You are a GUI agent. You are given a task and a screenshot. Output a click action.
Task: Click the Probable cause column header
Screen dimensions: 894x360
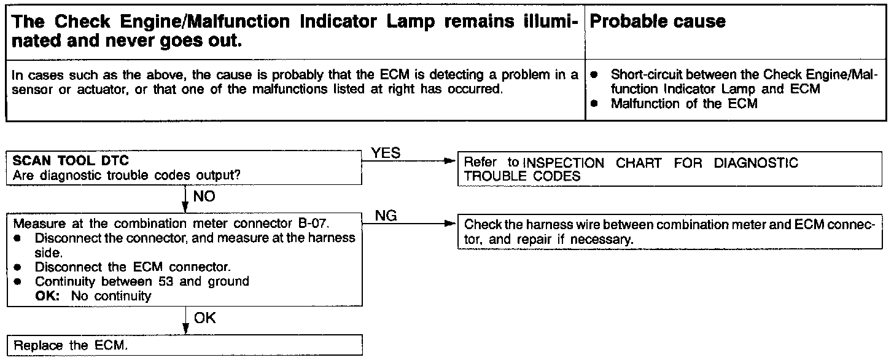[x=657, y=22]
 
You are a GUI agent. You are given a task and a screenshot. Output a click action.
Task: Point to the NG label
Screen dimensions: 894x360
[x=385, y=215]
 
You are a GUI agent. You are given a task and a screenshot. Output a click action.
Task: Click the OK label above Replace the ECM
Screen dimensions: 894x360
[x=205, y=318]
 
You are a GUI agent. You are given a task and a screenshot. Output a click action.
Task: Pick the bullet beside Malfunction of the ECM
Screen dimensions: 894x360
[x=594, y=104]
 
